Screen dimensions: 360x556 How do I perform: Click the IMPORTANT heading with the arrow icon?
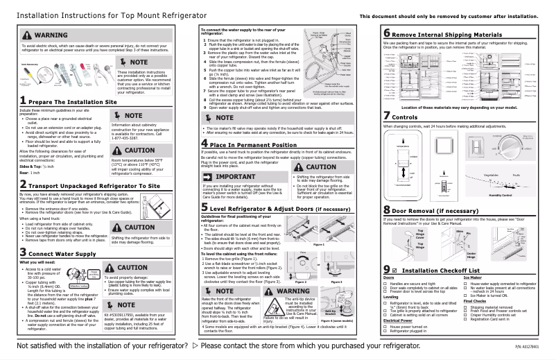[x=232, y=177]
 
